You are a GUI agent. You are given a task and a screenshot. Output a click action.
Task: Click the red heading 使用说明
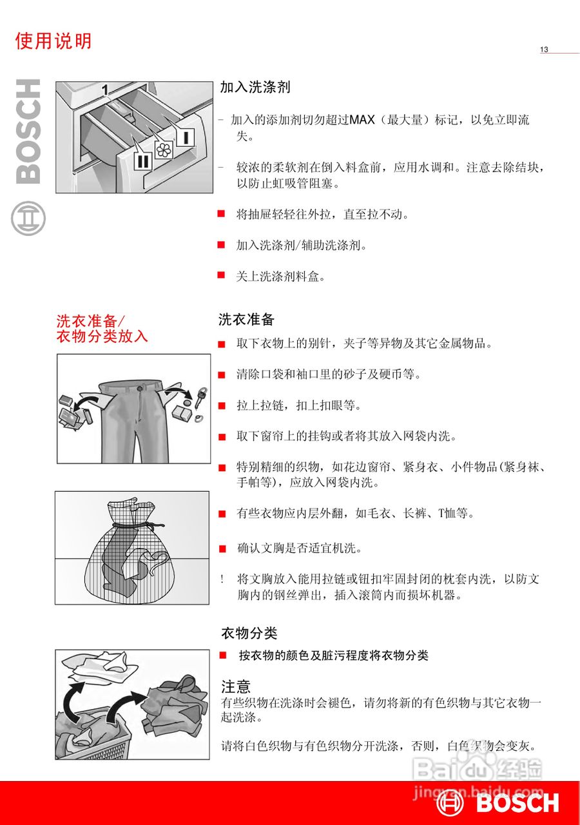[53, 41]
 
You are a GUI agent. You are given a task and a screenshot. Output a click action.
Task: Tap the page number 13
[544, 50]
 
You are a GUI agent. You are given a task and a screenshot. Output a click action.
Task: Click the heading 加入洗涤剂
[255, 87]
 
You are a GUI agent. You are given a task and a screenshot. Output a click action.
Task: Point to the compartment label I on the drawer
[184, 137]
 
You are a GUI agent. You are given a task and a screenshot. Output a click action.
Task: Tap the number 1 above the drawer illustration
[104, 89]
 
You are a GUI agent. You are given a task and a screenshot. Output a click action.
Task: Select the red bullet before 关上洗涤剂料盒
[221, 275]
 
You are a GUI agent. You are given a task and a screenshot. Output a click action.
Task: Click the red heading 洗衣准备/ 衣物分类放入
[102, 328]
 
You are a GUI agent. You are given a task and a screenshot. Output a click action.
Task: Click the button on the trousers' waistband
[138, 389]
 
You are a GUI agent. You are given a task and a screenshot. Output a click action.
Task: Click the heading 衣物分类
[249, 633]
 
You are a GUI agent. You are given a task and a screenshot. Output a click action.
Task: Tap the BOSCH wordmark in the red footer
[517, 803]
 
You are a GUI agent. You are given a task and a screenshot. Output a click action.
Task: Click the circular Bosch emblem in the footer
[450, 803]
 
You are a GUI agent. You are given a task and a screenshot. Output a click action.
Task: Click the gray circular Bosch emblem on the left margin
[28, 218]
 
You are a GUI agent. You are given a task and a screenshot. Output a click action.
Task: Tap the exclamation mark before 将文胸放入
[222, 579]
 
